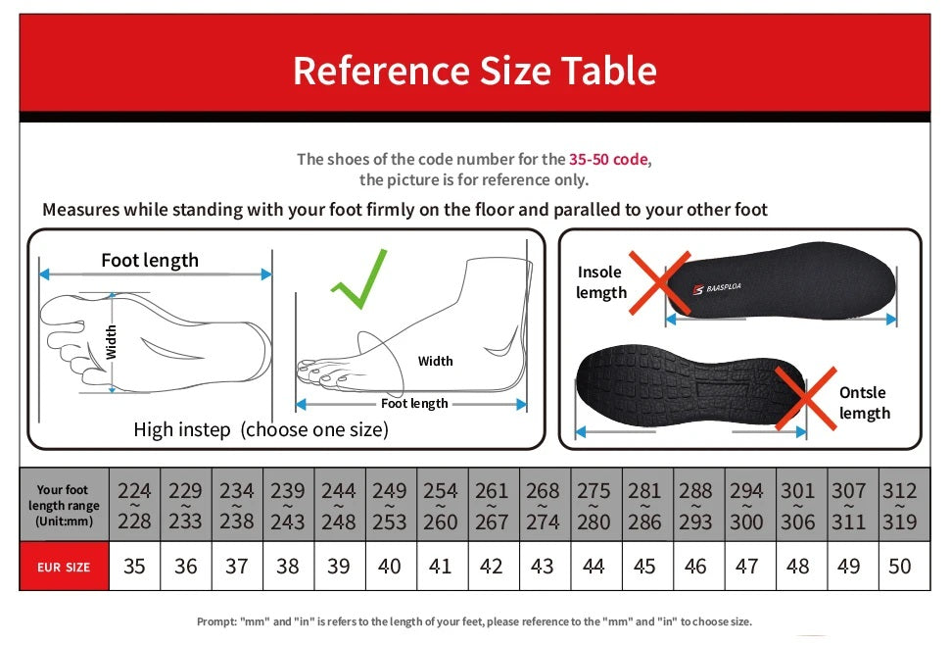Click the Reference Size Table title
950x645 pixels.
[474, 71]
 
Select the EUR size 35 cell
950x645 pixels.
[134, 566]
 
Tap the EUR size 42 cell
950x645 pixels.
[491, 566]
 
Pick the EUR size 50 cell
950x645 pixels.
[899, 566]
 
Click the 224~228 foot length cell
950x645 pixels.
[134, 505]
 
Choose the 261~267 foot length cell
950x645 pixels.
[491, 505]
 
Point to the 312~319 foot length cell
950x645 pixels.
[899, 505]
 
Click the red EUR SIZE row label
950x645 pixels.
[64, 567]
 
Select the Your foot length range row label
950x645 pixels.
[63, 505]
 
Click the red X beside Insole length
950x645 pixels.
[660, 281]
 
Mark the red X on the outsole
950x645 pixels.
[805, 398]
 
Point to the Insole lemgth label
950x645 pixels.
[601, 282]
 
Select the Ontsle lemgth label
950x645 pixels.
[864, 403]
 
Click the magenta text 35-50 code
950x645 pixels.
[608, 159]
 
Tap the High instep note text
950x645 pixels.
[261, 429]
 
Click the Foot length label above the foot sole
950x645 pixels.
[150, 260]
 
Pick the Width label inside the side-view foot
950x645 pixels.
[435, 361]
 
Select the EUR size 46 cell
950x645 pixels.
[695, 566]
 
